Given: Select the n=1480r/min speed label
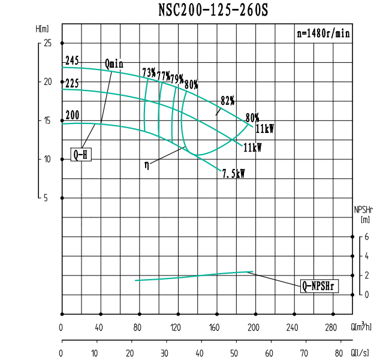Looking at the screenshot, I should click(x=324, y=34).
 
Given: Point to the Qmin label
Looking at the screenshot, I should click(x=114, y=63).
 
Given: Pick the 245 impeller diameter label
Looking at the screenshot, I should click(x=73, y=61).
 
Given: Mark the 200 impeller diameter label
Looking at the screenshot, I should click(x=73, y=116).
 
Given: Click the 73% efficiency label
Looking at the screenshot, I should click(x=149, y=73).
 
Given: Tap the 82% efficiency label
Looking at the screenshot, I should click(x=228, y=100).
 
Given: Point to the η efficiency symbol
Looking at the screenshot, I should click(x=147, y=165).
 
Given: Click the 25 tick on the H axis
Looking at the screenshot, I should click(x=48, y=43).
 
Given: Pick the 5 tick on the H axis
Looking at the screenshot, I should click(x=46, y=198).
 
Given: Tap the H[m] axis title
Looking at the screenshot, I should click(x=42, y=29).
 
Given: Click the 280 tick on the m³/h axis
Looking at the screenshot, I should click(x=331, y=328).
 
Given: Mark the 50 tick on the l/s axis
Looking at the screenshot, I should click(x=234, y=353).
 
